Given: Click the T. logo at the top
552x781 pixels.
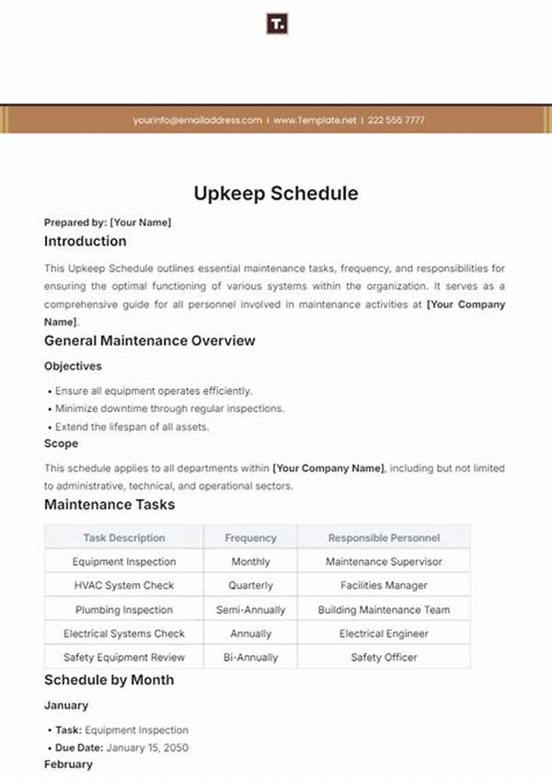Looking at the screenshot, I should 276,24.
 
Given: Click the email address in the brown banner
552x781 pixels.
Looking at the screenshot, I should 197,120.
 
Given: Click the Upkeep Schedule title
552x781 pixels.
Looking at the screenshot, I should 276,194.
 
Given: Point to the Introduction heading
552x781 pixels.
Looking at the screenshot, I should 86,241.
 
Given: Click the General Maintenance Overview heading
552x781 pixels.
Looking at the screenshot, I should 150,340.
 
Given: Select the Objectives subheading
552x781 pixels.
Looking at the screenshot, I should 73,366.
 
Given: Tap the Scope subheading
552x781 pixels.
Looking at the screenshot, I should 60,443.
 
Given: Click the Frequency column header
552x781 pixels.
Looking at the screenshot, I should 250,538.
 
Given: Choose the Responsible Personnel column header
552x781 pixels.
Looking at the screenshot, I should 384,538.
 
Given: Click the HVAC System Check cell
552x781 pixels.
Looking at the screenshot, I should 123,585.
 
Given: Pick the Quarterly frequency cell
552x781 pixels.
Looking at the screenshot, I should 250,585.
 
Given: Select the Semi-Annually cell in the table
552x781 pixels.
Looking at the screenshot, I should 250,610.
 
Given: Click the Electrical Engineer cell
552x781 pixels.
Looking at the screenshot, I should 384,634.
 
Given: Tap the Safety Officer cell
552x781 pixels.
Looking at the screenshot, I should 384,658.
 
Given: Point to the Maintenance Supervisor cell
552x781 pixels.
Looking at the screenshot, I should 384,561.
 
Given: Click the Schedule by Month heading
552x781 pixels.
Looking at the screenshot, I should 109,680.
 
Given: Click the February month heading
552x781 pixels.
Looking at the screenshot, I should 68,764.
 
